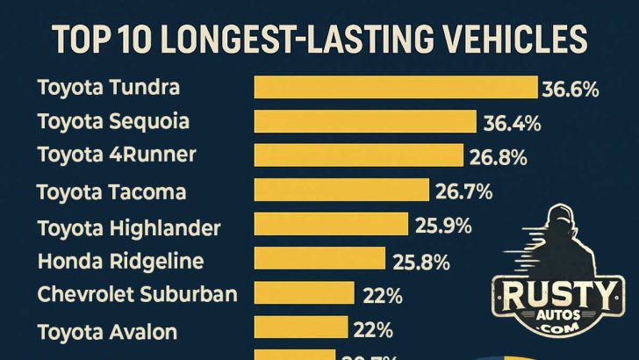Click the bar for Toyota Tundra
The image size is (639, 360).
pos(395,87)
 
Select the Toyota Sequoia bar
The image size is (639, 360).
pos(364,121)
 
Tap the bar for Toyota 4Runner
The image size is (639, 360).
pos(358,155)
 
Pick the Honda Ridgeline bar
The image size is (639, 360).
pos(319,259)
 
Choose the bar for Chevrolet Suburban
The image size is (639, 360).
pos(304,293)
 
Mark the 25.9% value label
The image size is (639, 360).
pos(444,226)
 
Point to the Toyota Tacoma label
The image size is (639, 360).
pos(111,191)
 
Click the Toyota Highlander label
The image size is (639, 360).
pos(129,227)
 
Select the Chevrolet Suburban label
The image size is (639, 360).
pos(138,294)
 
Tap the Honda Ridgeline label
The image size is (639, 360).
pos(120,261)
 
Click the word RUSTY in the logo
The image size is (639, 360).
pos(557,290)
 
